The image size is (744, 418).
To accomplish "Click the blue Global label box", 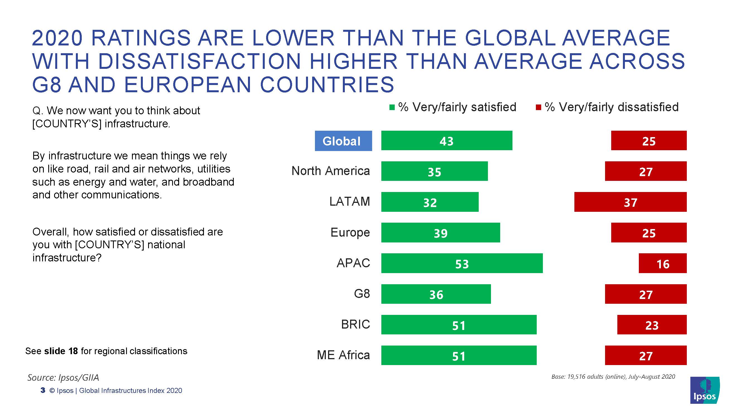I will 343,141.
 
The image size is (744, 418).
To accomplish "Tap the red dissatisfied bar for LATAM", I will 630,202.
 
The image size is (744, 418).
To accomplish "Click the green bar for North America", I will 434,171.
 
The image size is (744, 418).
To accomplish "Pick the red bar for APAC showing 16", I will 663,263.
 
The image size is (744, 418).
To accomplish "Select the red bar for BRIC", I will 652,325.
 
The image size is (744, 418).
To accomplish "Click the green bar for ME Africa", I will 459,355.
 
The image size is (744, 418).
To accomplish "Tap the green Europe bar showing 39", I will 440,232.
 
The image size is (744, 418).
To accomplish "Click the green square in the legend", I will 392,108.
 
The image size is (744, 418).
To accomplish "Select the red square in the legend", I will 538,108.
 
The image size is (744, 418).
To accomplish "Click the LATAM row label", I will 350,201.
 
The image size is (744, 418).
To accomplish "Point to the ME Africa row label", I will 343,355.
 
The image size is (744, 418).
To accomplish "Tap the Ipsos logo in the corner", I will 705,390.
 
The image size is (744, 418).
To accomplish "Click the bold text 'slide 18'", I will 61,351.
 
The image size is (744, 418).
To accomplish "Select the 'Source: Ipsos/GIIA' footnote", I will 63,377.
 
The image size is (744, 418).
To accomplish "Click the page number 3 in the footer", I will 43,390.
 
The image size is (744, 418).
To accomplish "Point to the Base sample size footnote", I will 613,376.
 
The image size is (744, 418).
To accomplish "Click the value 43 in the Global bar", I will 447,141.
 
